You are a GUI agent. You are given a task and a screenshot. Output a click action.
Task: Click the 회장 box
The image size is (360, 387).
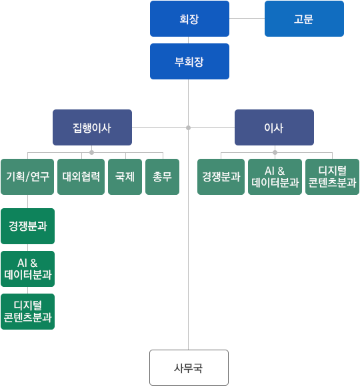point(189,19)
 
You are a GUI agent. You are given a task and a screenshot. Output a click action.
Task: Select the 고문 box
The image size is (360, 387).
point(304,19)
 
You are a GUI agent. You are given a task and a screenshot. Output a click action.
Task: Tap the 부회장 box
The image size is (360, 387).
point(189,61)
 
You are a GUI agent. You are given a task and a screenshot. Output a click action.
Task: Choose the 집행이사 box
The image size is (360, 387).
point(92,127)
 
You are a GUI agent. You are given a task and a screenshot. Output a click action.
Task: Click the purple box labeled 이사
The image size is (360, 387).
point(274,127)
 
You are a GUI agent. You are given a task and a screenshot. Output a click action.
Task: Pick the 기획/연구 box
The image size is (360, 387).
point(27,177)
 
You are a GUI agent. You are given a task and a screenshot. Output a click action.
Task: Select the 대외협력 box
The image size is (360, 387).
point(81,177)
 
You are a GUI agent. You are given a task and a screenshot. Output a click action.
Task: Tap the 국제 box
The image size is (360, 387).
point(125,177)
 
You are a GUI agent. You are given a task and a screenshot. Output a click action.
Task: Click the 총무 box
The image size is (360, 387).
point(162,177)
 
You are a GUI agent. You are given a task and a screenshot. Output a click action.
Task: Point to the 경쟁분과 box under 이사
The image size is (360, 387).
point(221,177)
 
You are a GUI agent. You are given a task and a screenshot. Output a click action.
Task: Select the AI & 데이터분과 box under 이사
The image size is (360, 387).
point(275,177)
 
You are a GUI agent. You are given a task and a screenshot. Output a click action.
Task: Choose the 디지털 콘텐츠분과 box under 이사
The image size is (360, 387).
point(332,177)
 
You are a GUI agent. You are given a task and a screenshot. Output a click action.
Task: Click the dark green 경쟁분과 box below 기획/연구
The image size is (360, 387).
point(27,226)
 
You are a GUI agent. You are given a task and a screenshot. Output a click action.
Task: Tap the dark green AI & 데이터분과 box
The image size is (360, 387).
point(27,269)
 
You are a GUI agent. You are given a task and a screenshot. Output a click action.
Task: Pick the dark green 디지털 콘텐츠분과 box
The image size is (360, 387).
point(27,312)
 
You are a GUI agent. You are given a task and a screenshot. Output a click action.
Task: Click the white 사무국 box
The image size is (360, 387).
point(189,368)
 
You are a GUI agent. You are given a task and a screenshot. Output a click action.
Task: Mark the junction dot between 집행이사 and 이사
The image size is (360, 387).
point(189,127)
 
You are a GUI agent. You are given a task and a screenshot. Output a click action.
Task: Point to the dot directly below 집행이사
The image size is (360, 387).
point(92,153)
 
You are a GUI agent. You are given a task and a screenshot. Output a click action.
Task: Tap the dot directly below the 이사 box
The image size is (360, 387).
point(275,153)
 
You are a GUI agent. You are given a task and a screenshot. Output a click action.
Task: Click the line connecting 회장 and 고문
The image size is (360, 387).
point(247,18)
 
